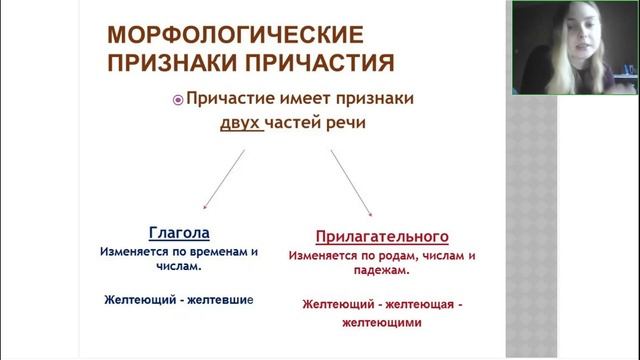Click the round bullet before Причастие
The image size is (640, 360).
[x=179, y=101]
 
